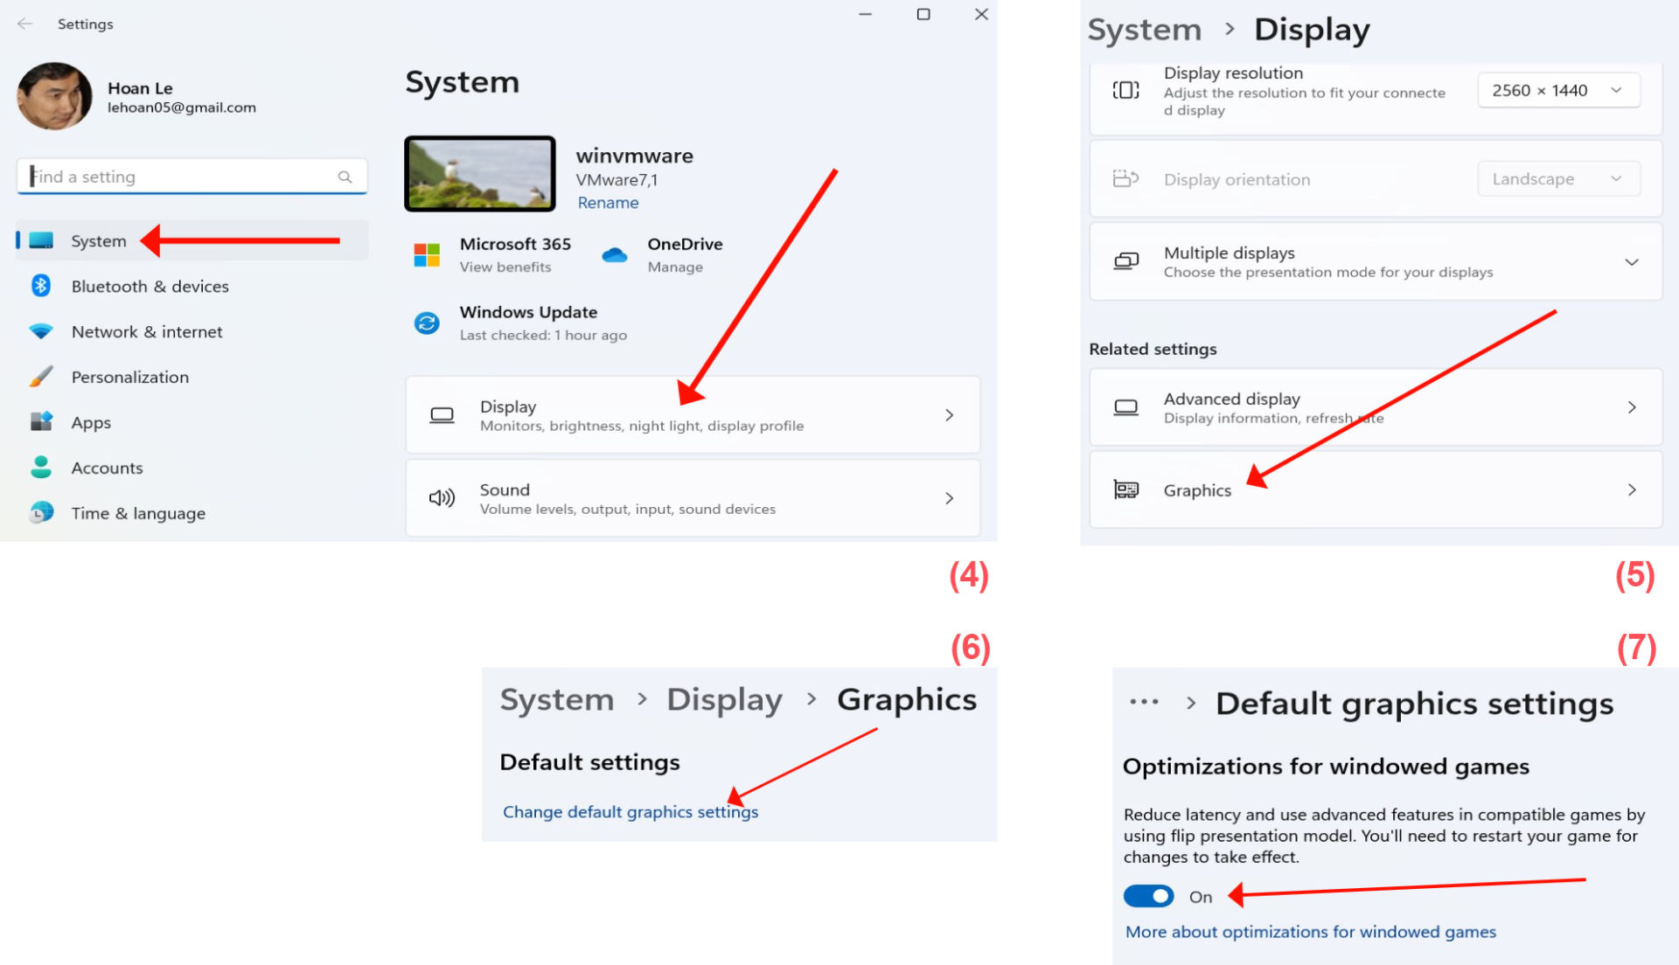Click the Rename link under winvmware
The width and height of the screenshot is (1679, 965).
[608, 203]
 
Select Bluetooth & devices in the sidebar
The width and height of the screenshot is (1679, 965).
[150, 287]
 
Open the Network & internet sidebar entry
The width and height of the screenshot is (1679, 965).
[147, 332]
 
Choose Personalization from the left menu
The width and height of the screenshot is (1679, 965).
[129, 378]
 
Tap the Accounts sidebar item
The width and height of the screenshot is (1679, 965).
[107, 469]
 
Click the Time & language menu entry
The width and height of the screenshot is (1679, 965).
[138, 514]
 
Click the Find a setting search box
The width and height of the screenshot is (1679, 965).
[192, 177]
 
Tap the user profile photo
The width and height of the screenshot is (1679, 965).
[54, 96]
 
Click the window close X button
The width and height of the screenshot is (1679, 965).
[981, 14]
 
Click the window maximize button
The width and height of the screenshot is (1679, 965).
[923, 14]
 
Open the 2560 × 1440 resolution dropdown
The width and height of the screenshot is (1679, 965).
[1558, 90]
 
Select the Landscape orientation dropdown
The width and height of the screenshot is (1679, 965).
[1558, 179]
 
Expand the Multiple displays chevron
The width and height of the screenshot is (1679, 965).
[1631, 262]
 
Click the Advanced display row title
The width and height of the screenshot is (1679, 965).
[1231, 399]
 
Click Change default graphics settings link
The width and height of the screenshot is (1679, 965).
[630, 812]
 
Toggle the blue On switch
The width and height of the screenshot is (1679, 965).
[1148, 896]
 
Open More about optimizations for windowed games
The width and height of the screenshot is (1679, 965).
[1310, 932]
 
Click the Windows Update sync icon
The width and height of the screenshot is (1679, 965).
[427, 323]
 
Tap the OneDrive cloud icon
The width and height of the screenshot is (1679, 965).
[615, 255]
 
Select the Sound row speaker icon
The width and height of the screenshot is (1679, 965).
[442, 498]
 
